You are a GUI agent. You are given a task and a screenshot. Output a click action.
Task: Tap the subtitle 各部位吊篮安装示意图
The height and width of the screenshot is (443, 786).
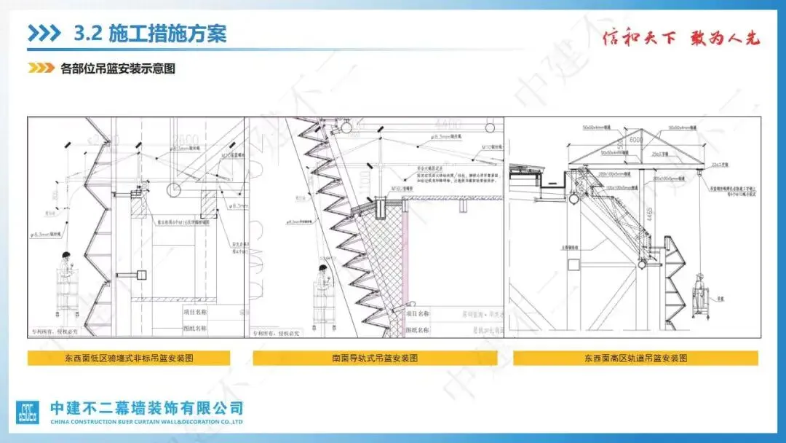coord(119,69)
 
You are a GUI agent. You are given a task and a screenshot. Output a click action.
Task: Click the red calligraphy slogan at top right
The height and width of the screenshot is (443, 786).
coord(681,38)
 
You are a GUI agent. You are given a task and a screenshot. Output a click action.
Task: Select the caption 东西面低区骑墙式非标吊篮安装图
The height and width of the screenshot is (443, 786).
coord(129,358)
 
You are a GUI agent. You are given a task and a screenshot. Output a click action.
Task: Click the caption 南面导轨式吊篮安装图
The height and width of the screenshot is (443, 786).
coord(375,358)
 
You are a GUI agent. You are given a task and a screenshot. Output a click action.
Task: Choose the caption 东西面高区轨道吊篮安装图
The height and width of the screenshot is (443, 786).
coord(635,358)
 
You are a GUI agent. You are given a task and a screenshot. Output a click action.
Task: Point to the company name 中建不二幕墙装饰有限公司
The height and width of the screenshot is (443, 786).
coord(146,408)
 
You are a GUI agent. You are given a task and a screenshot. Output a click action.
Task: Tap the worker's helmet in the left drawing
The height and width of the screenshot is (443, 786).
coord(66,254)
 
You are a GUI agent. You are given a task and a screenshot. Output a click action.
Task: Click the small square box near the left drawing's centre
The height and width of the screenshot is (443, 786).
coord(143,274)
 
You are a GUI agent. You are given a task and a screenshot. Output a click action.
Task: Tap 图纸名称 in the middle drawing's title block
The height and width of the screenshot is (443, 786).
coord(416,329)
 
